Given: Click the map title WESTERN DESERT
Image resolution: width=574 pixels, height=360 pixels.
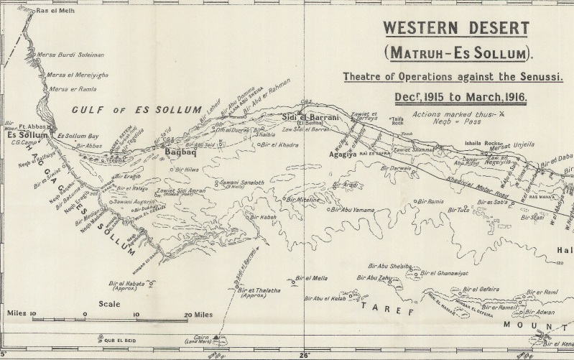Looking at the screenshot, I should click(x=455, y=29).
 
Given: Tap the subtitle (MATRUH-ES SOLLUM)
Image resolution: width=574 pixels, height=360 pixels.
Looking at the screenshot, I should click(x=455, y=52).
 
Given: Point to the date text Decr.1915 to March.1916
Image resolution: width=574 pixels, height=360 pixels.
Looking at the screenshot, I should click(x=455, y=96).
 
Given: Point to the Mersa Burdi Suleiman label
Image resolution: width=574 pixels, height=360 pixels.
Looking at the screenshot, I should click(x=75, y=54).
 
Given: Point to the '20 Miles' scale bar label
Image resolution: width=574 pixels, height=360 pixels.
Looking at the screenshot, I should click(x=197, y=315).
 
